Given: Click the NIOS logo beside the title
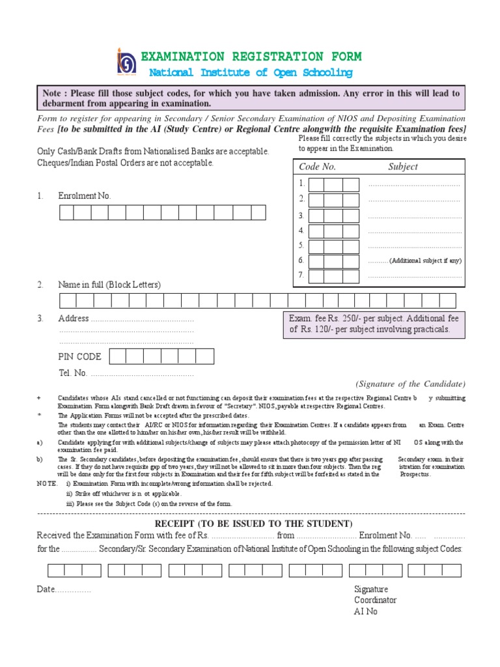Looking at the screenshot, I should pos(126,61).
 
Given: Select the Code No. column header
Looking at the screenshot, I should pos(317,167).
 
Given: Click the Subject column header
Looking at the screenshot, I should pos(403,167).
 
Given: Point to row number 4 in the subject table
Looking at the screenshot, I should pos(301,231).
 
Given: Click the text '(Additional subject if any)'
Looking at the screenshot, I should pos(425,261).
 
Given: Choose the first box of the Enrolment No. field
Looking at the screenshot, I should pos(66,212).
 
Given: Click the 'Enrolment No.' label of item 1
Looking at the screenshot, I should pos(85,195).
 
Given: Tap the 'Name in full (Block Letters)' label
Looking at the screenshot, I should pos(109,285).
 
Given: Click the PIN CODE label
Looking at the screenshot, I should pos(79,356).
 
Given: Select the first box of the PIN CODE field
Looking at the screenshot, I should pos(118,356).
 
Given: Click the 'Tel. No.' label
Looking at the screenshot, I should pos(72,373).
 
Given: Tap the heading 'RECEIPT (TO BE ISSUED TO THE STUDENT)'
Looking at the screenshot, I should pos(253,524).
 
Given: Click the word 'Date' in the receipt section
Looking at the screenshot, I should pos(46,589).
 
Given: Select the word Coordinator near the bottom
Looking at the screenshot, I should pos(375,600).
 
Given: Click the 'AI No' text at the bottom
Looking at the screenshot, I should pos(365,612).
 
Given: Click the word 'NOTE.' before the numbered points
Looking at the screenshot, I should pos(48,484).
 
